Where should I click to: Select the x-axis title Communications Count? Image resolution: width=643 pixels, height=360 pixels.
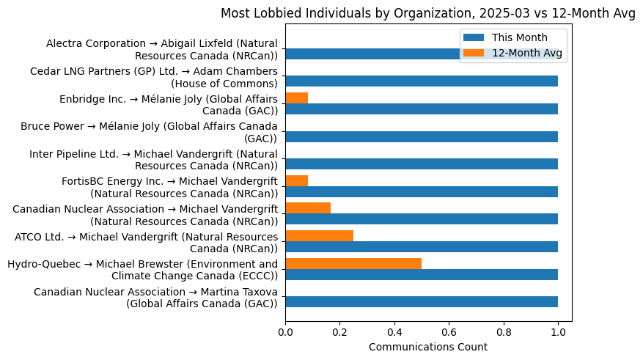click(x=427, y=347)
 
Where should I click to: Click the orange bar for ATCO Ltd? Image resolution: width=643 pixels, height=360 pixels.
click(x=319, y=235)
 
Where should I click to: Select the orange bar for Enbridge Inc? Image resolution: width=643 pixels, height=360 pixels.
click(x=296, y=98)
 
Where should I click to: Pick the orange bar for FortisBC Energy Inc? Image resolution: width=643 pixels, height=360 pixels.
click(x=296, y=180)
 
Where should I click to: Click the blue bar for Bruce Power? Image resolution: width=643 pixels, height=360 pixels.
click(x=422, y=136)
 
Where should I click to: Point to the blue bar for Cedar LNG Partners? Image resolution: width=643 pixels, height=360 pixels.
click(x=422, y=81)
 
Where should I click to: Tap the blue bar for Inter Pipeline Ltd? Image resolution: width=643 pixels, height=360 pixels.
click(x=422, y=164)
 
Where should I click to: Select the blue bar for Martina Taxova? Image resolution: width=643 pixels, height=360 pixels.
click(x=422, y=301)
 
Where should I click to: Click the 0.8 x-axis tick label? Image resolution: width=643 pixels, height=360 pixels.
click(x=504, y=331)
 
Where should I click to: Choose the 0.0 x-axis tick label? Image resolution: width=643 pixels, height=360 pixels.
click(x=285, y=331)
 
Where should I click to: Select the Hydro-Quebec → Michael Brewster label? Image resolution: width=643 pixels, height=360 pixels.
click(x=142, y=270)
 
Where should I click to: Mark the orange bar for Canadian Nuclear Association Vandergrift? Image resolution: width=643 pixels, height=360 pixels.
click(x=308, y=208)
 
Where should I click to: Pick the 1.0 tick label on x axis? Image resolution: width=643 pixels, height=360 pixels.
click(x=558, y=331)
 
